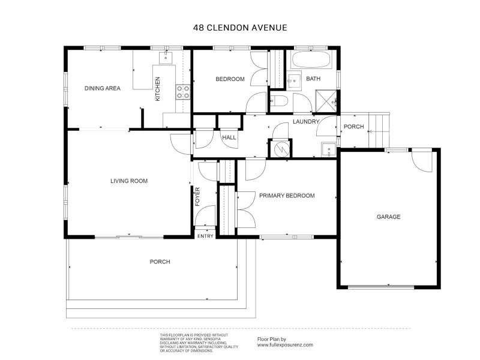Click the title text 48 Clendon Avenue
pyautogui.click(x=240, y=27)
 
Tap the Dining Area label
pyautogui.click(x=102, y=88)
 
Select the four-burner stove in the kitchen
pyautogui.click(x=183, y=91)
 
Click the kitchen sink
pyautogui.click(x=166, y=58)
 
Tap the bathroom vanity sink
pyautogui.click(x=294, y=79)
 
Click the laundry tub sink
pyautogui.click(x=327, y=148)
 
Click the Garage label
pyautogui.click(x=388, y=217)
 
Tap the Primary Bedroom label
pyautogui.click(x=286, y=196)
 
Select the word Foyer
pyautogui.click(x=197, y=197)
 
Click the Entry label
pyautogui.click(x=205, y=236)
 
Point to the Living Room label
pyautogui.click(x=128, y=181)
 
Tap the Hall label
pyautogui.click(x=229, y=137)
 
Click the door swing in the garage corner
pyautogui.click(x=422, y=160)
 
